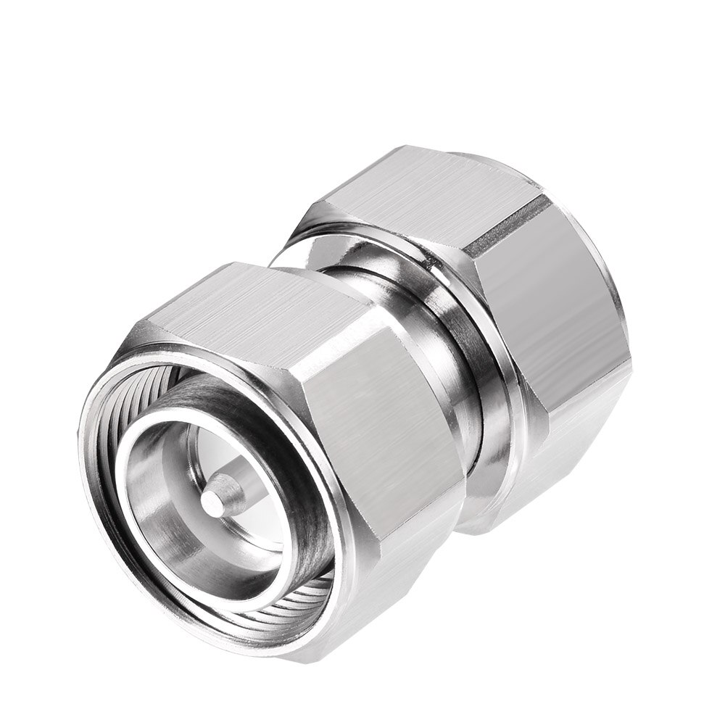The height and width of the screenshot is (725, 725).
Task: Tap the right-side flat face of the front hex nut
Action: (x=377, y=449)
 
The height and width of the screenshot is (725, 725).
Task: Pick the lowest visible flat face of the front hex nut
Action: (x=377, y=609)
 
